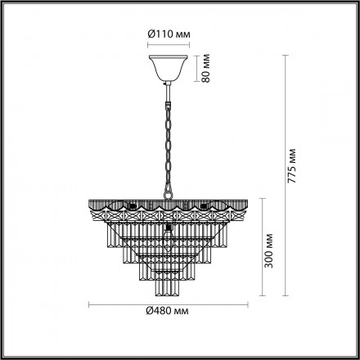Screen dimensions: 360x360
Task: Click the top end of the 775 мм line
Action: tap(286, 54)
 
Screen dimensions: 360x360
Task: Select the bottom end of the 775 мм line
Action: tap(286, 298)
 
